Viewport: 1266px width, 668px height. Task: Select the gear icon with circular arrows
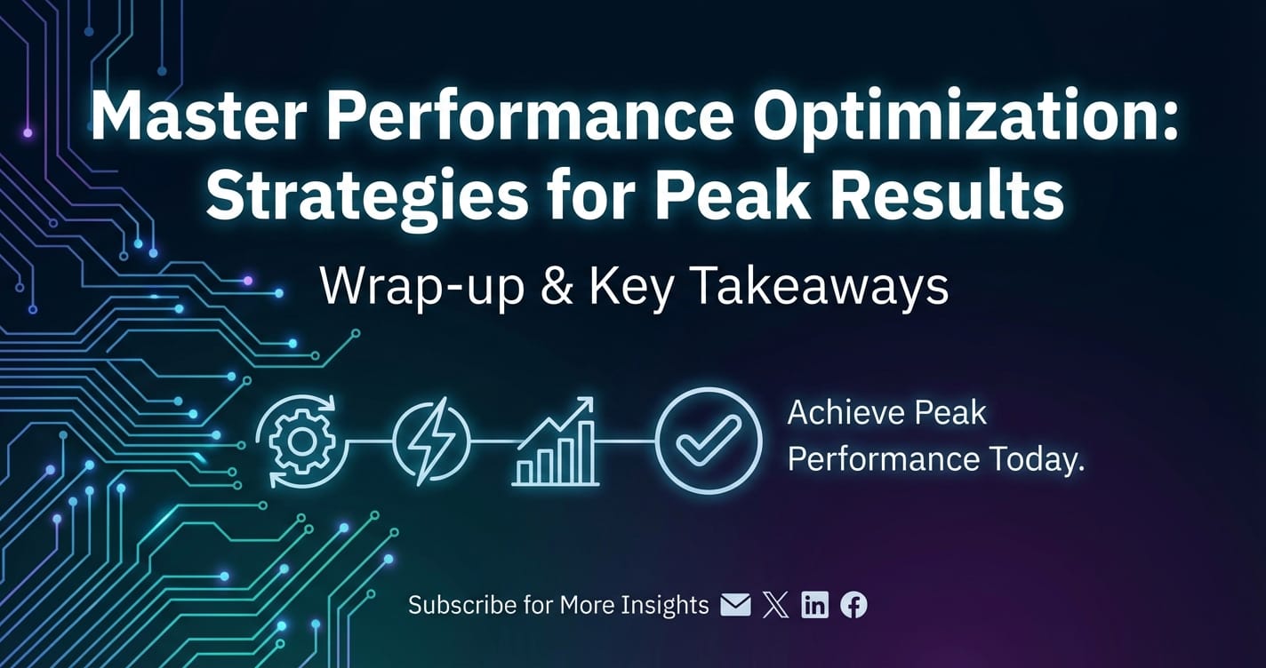[x=301, y=441]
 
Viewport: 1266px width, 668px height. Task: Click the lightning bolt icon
[x=431, y=441]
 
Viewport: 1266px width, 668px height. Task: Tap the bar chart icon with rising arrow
[x=556, y=441]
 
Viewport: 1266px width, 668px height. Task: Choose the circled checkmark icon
[x=709, y=441]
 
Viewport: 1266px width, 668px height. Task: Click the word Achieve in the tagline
[x=845, y=413]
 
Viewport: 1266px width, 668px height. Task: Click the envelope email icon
[x=735, y=605]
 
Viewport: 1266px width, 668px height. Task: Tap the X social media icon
[x=776, y=605]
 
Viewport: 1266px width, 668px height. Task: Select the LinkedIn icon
[x=814, y=605]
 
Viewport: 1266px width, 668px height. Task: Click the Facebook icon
[x=853, y=605]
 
